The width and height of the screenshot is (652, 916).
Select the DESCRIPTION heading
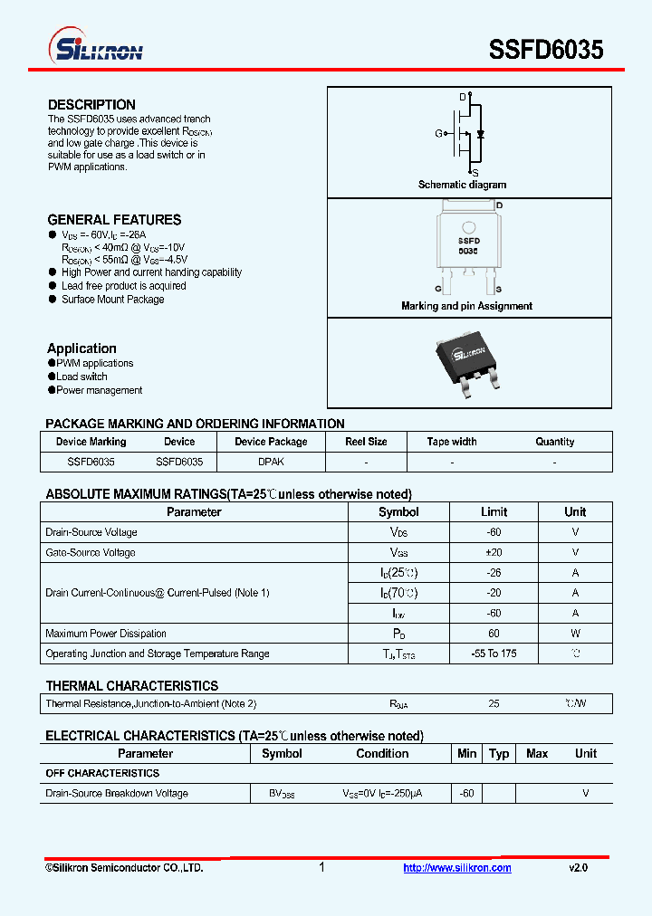[x=91, y=105]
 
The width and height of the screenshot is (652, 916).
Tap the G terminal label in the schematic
[x=438, y=133]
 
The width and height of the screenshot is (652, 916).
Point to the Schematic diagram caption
[x=462, y=185]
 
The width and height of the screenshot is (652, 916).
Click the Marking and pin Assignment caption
[x=466, y=306]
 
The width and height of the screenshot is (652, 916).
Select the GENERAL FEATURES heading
[x=114, y=220]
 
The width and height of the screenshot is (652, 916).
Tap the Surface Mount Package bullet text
[x=112, y=300]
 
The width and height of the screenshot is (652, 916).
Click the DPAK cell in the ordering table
[x=271, y=462]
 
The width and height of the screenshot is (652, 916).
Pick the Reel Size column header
[x=366, y=442]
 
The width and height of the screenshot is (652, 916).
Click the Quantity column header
[x=554, y=442]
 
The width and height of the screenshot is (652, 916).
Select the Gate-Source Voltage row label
[x=91, y=553]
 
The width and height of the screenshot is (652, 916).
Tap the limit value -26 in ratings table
[x=494, y=573]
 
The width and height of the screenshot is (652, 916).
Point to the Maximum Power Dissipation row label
[x=106, y=634]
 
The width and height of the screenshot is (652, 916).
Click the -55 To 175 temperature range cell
[x=494, y=654]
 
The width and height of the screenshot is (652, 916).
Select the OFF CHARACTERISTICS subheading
[x=102, y=774]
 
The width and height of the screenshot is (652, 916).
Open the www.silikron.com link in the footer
[x=456, y=868]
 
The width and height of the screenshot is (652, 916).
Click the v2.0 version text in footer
[x=578, y=868]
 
